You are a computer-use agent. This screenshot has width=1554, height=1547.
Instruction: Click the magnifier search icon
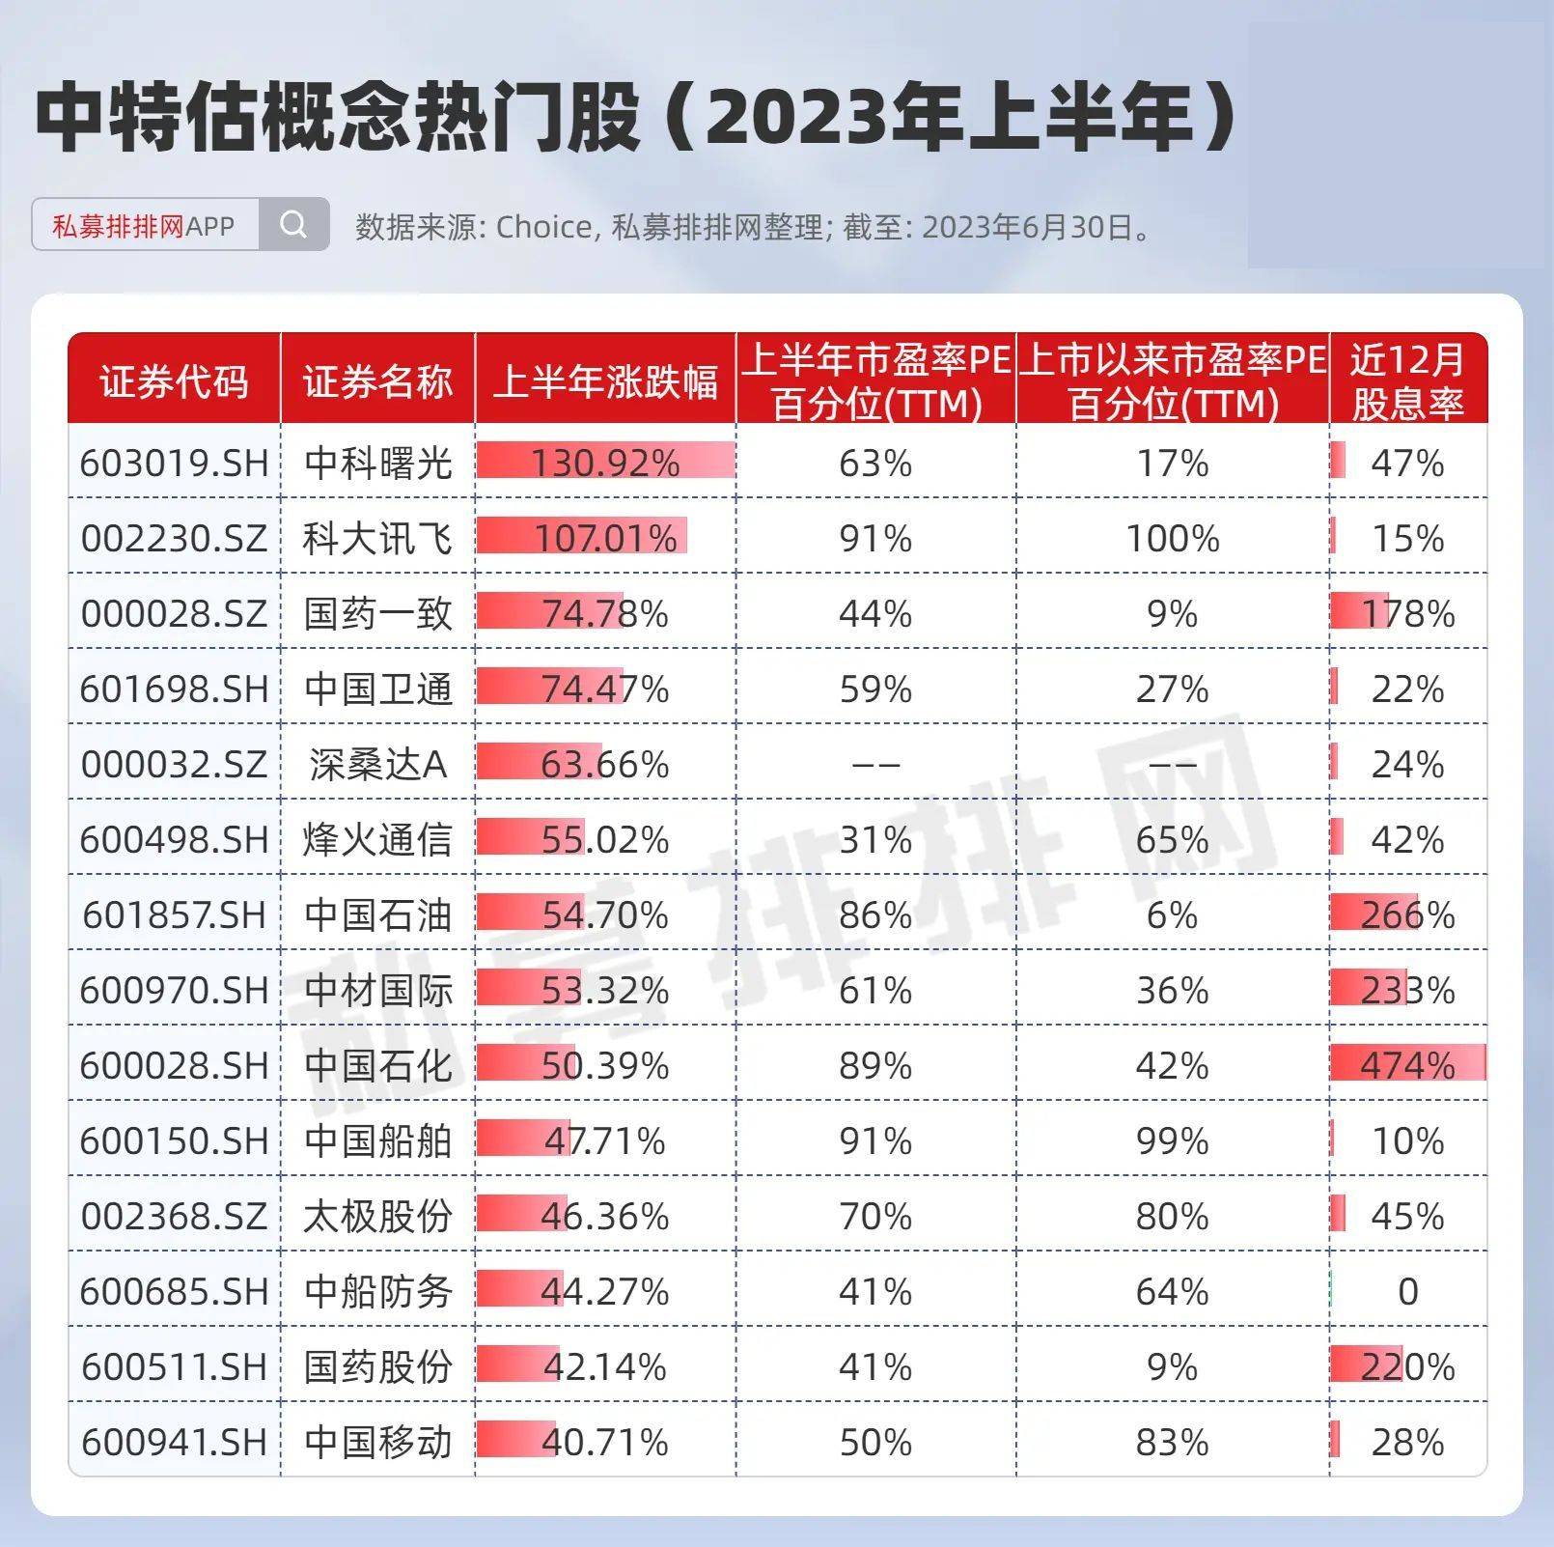point(293,225)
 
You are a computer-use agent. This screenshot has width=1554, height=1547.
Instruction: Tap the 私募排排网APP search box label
point(144,226)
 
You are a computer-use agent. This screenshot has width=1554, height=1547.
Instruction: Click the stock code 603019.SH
point(174,464)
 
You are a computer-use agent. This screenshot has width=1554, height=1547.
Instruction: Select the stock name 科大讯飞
point(377,538)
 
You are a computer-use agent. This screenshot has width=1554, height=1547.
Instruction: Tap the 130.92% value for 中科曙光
point(605,464)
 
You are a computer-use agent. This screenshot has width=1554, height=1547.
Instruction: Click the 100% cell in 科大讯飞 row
point(1172,538)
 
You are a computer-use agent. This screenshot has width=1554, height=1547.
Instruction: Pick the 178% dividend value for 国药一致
point(1407,613)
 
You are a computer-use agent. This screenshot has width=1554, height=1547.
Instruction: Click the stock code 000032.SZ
point(174,764)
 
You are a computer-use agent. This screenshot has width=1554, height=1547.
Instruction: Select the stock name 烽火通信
point(377,839)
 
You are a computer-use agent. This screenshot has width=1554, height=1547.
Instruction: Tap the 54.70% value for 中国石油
point(605,914)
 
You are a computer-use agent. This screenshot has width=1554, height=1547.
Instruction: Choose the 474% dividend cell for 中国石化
point(1407,1065)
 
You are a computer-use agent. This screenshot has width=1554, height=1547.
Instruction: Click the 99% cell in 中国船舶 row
point(1172,1140)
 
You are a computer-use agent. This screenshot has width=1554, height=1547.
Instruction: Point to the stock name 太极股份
point(377,1216)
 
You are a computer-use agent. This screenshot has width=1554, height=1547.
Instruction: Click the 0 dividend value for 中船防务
point(1407,1291)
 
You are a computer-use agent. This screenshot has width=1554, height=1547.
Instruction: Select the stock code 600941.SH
point(174,1442)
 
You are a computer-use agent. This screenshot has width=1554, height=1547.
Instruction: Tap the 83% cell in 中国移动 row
point(1172,1442)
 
